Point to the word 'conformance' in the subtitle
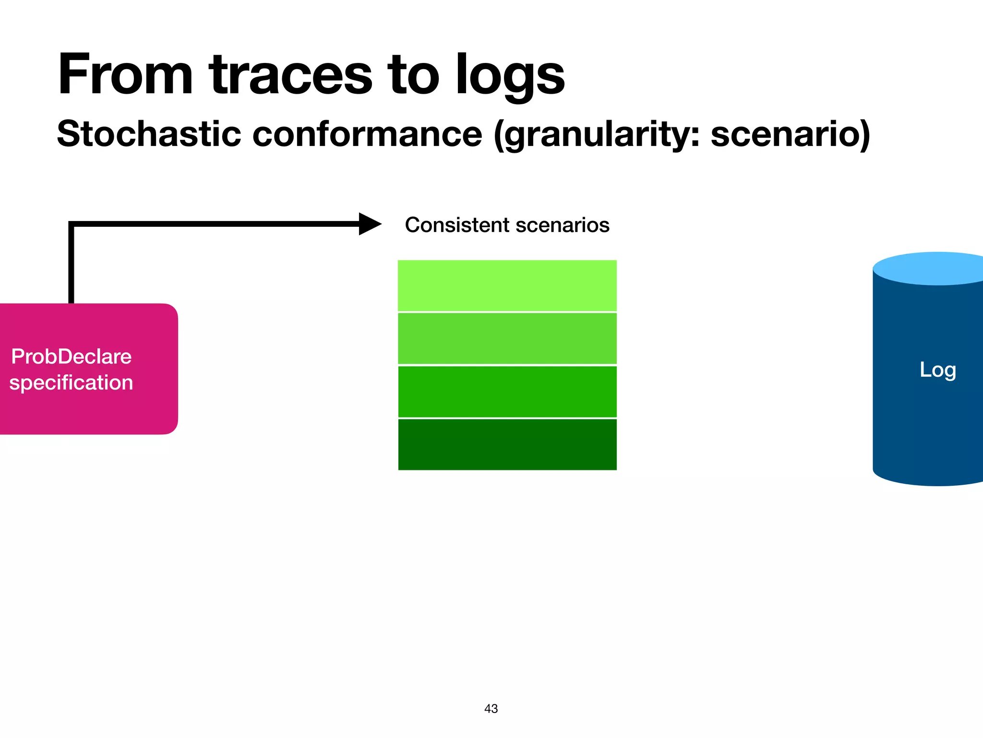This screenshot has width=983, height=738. [367, 134]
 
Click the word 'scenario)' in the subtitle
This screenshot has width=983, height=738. [790, 134]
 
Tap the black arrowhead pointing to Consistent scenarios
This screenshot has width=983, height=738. [369, 224]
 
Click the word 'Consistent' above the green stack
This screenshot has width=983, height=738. [456, 225]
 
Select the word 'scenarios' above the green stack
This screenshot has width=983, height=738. [562, 225]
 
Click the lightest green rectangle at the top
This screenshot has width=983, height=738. [507, 285]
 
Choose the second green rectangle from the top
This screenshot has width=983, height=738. [507, 338]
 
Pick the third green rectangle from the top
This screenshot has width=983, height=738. [507, 392]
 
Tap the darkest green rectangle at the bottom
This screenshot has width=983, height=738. [507, 444]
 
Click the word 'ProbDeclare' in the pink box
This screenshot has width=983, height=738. [71, 357]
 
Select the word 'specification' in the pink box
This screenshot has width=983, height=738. [71, 383]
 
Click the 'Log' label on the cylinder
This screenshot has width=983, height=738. [937, 370]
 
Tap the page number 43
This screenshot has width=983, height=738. [491, 709]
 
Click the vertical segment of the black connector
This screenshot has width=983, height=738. [71, 264]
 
